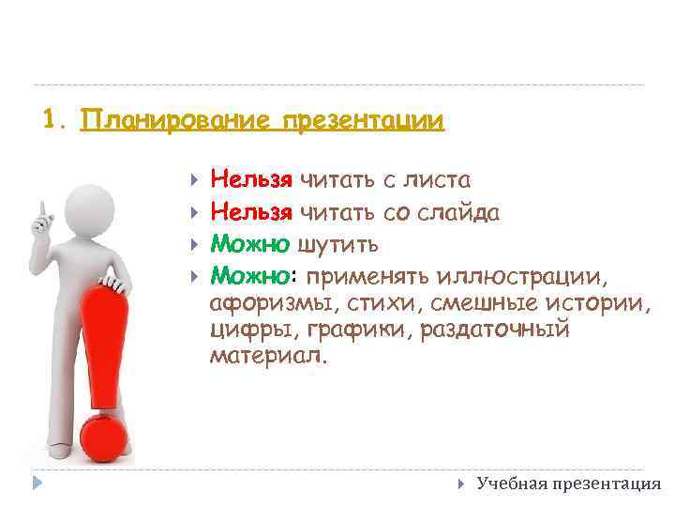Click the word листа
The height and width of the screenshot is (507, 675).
point(440,179)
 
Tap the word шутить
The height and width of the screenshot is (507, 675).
point(338,245)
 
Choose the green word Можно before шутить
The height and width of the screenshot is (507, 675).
point(249,245)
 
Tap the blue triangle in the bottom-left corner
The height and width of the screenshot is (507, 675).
point(36,484)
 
